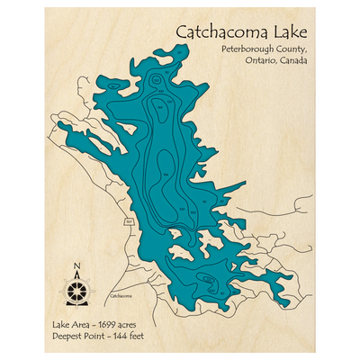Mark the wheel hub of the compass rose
76,290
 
